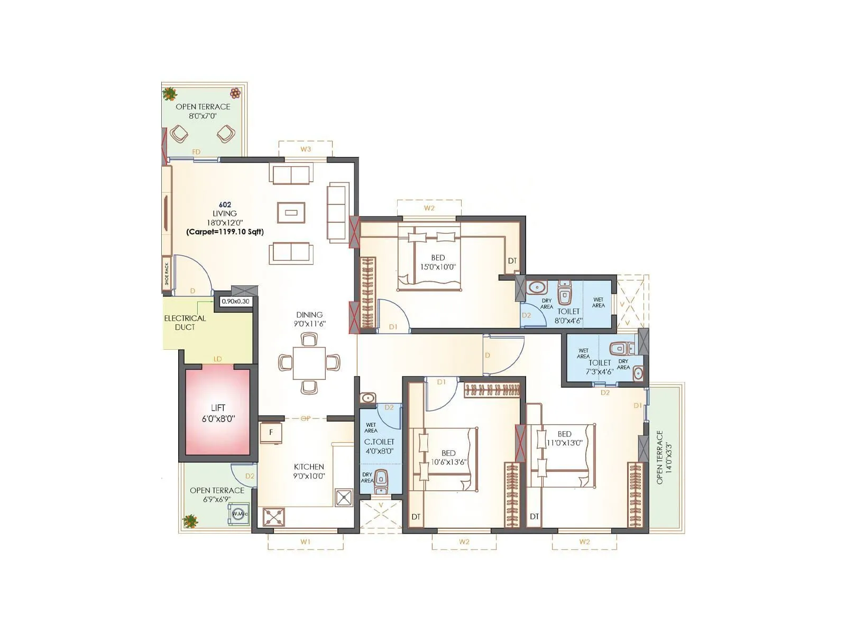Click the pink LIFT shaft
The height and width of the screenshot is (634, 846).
coord(217,412)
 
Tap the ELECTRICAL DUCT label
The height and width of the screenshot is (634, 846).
coord(185,322)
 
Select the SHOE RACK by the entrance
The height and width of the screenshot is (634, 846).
coord(167,274)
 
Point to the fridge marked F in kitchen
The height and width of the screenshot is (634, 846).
coord(271,432)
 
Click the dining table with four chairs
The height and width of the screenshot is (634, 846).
coord(309,362)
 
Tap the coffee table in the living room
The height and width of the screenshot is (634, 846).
coord(291,212)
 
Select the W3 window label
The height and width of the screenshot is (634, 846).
coord(306,149)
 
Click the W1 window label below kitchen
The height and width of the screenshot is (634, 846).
coord(305,542)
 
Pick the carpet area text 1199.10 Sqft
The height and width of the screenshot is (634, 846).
coord(225,231)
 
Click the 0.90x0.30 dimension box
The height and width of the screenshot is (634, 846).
coord(235,301)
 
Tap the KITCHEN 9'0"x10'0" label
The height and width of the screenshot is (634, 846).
coord(309,471)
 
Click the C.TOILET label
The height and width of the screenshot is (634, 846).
coord(379,442)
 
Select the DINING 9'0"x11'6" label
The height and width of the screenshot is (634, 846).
coord(309,319)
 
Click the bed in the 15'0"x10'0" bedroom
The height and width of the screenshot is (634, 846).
coord(429,262)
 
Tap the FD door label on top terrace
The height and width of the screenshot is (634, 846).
coord(196,152)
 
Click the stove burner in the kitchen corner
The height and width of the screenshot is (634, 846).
coord(273,517)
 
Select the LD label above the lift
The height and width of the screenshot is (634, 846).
coord(217,359)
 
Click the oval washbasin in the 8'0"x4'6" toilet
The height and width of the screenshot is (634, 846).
coord(537,288)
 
